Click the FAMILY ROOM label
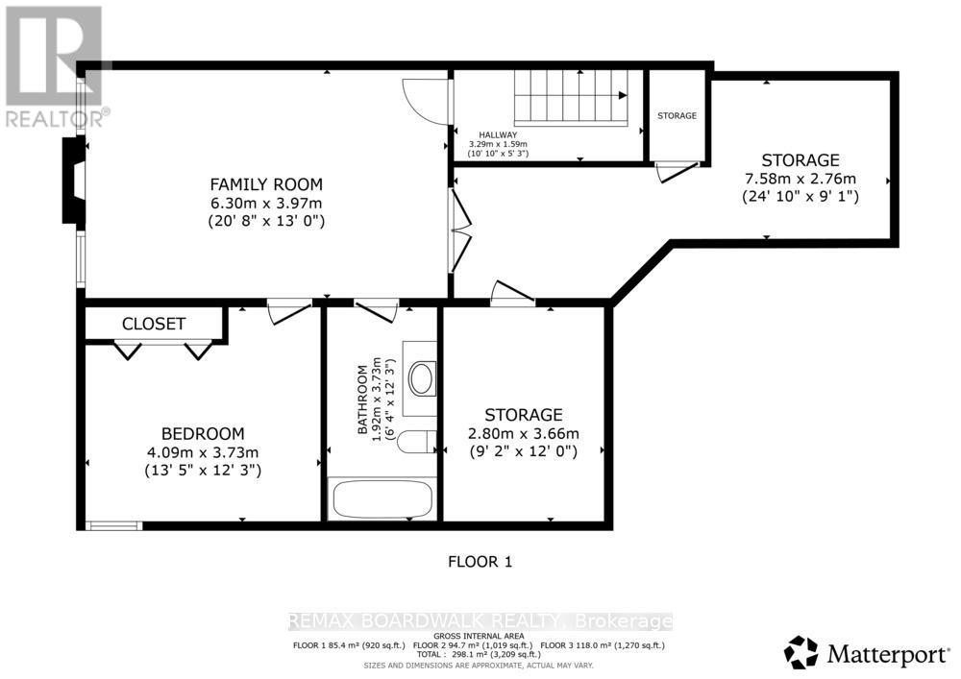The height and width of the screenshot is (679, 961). pos(266,184)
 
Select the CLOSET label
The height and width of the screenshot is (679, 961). pos(154,325)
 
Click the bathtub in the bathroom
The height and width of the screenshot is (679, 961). pos(381,499)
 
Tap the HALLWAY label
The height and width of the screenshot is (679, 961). pos(500,135)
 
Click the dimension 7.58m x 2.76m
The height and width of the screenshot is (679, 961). pos(800,179)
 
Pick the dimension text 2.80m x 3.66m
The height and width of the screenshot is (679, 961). pos(523,433)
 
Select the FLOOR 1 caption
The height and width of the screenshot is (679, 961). pos(480,562)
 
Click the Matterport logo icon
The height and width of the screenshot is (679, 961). pos(801,652)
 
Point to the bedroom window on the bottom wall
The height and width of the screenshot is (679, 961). pos(113,525)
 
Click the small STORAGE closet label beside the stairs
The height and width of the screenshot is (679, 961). pos(677,116)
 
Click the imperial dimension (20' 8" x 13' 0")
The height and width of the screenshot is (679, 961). pos(266,221)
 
